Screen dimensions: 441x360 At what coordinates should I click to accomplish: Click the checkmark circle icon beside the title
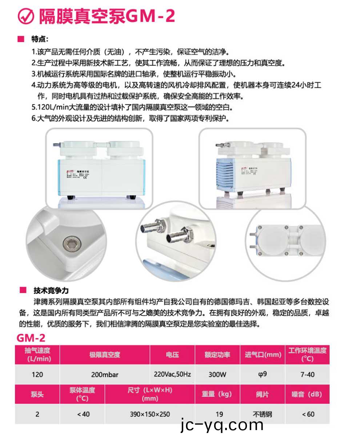click(26, 17)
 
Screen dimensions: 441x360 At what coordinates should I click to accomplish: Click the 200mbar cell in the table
click(105, 374)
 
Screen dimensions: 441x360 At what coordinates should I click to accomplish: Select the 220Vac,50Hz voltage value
click(172, 374)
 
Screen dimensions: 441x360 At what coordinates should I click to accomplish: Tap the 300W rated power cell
click(217, 374)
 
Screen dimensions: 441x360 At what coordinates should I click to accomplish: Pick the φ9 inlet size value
click(263, 374)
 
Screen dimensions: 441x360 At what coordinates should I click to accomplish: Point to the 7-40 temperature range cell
click(308, 374)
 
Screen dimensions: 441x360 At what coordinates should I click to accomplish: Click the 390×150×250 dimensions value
click(150, 414)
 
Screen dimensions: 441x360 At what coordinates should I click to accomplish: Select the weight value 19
click(217, 414)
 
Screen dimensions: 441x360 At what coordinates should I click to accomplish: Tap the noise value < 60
click(308, 414)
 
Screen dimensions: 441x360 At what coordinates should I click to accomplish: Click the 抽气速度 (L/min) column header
click(37, 354)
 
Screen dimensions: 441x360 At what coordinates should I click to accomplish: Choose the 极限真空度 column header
click(105, 354)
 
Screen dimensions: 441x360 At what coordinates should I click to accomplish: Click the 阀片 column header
click(263, 394)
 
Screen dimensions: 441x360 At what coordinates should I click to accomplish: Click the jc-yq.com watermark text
click(221, 425)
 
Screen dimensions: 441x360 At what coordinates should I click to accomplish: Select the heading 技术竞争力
click(51, 291)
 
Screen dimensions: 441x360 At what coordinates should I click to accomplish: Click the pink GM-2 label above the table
click(31, 338)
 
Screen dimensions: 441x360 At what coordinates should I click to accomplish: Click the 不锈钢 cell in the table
click(263, 414)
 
